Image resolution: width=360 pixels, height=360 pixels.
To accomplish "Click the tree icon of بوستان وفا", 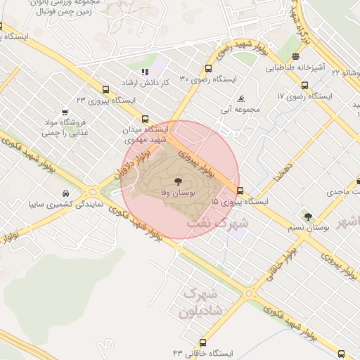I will pos(176,181).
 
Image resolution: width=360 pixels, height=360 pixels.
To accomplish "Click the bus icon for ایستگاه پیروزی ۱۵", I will pos(241,191).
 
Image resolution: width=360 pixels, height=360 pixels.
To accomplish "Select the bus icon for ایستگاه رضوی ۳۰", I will pos(207,68).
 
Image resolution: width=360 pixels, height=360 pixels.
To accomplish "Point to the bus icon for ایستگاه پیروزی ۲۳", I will pos(105,89).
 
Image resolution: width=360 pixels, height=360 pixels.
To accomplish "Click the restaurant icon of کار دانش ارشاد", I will pos(145,72).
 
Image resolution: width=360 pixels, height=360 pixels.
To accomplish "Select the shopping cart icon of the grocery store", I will pos(65,112).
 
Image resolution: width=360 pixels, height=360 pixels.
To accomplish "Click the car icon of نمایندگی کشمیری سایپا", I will pos(65,193).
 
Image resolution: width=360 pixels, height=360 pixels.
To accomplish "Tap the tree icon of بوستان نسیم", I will pos(308,217).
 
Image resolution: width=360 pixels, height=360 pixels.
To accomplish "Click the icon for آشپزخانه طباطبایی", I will pos(296,57).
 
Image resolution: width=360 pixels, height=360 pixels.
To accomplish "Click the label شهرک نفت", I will pos(218,222).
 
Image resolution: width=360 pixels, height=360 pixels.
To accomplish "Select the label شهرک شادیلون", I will pos(202,301).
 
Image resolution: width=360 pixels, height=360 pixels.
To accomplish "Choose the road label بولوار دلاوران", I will pos(131,164).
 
